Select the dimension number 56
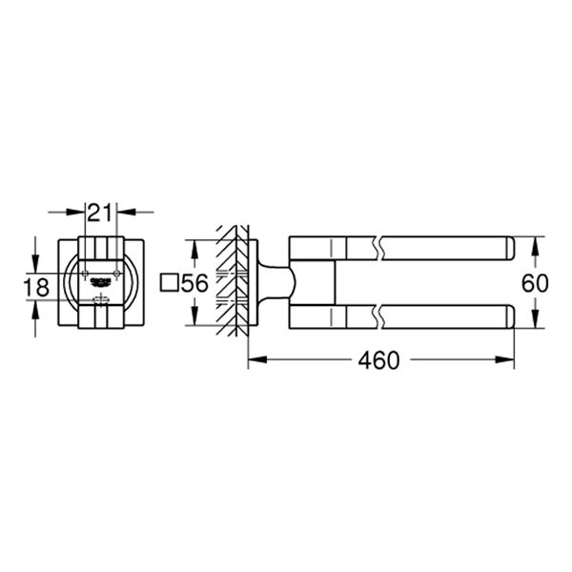pos(194,282)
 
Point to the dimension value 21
pos(100,213)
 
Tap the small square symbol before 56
pos(169,282)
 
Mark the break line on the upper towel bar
pos(381,247)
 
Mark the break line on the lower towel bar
pos(381,316)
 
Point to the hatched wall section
pos(229,281)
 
